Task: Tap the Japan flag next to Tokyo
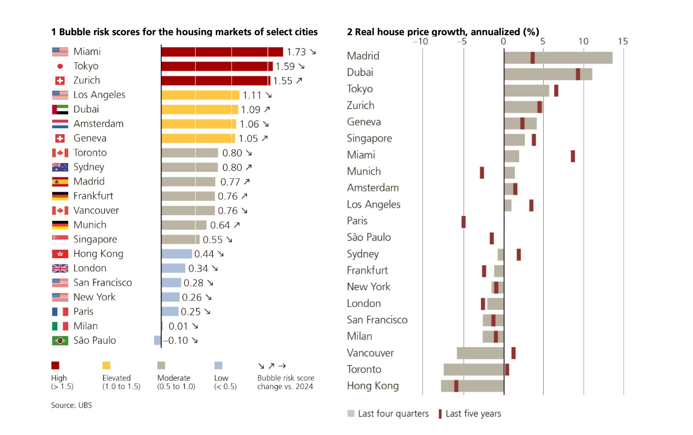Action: click(60, 66)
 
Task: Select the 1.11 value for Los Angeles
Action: click(252, 95)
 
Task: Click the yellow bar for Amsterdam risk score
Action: click(199, 124)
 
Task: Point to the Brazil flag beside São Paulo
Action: click(60, 341)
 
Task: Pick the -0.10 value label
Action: click(176, 341)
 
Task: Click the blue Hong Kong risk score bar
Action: click(176, 254)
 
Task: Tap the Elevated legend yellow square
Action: click(106, 366)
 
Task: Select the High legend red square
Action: click(55, 366)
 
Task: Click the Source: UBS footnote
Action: click(71, 405)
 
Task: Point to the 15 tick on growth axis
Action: click(623, 42)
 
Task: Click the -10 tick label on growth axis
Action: click(420, 42)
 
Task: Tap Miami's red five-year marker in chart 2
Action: click(573, 156)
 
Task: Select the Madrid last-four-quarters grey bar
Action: click(558, 58)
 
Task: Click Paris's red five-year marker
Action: click(463, 222)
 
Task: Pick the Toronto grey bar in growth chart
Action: click(474, 370)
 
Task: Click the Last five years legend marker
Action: click(440, 414)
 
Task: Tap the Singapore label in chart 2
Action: click(369, 139)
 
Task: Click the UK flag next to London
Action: click(60, 268)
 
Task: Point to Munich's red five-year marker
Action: click(482, 172)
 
